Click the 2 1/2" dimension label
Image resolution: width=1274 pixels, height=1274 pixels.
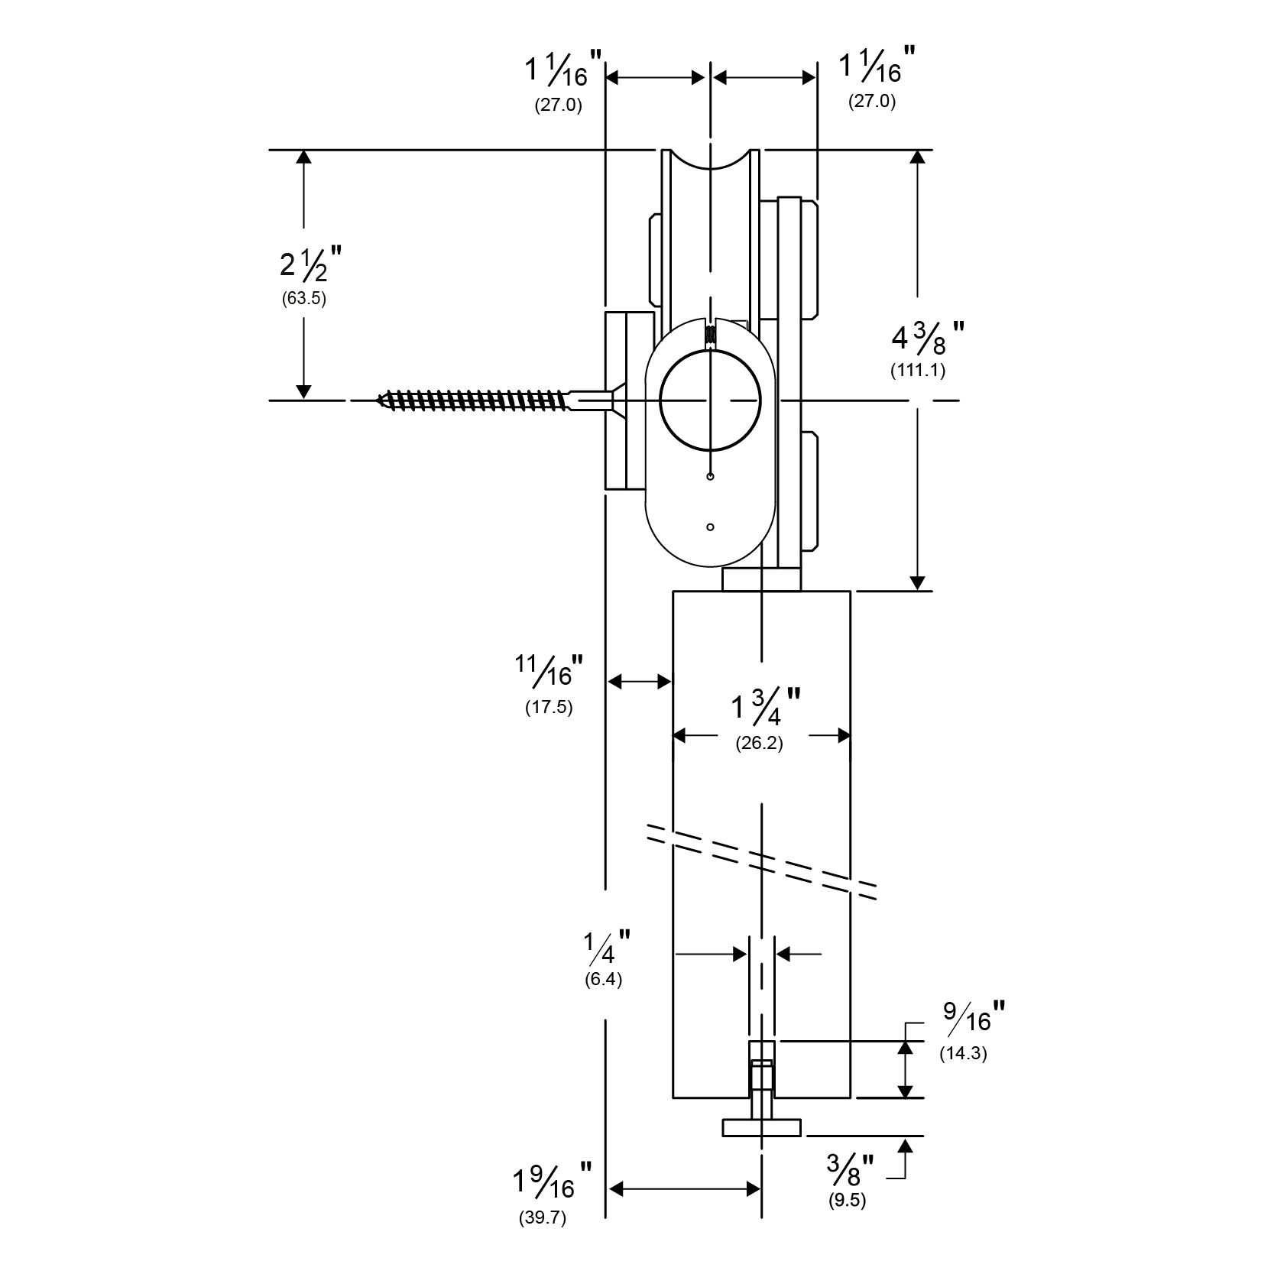309,264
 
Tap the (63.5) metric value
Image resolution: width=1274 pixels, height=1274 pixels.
303,299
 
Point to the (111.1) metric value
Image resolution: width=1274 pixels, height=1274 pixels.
917,371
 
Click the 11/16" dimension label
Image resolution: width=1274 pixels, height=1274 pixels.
549,671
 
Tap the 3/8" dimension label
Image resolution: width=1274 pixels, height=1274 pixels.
850,1170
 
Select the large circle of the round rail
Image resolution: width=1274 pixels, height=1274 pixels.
711,400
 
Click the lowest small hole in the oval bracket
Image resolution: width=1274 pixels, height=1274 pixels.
711,527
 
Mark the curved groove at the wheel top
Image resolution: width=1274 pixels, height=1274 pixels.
710,161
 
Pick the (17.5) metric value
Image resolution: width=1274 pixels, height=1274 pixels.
549,707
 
